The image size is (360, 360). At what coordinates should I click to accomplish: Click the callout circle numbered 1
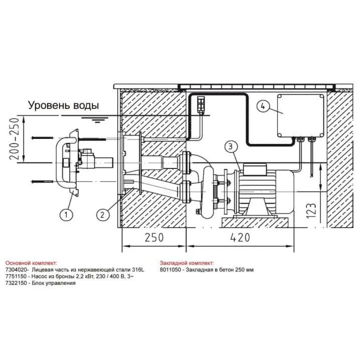coord(66,215)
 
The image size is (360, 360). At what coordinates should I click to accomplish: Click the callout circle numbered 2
coord(102,215)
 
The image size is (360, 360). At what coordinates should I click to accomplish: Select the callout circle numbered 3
coord(231,146)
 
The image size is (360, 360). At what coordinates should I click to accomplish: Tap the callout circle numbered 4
coord(263,107)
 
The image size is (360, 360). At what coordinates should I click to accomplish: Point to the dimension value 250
coord(154,238)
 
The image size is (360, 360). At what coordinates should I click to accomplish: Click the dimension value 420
coord(240,238)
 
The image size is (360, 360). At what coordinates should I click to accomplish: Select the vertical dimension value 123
coord(311,211)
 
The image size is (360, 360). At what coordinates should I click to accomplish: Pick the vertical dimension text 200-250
coord(14,139)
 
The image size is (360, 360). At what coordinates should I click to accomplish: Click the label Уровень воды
coord(64,105)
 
